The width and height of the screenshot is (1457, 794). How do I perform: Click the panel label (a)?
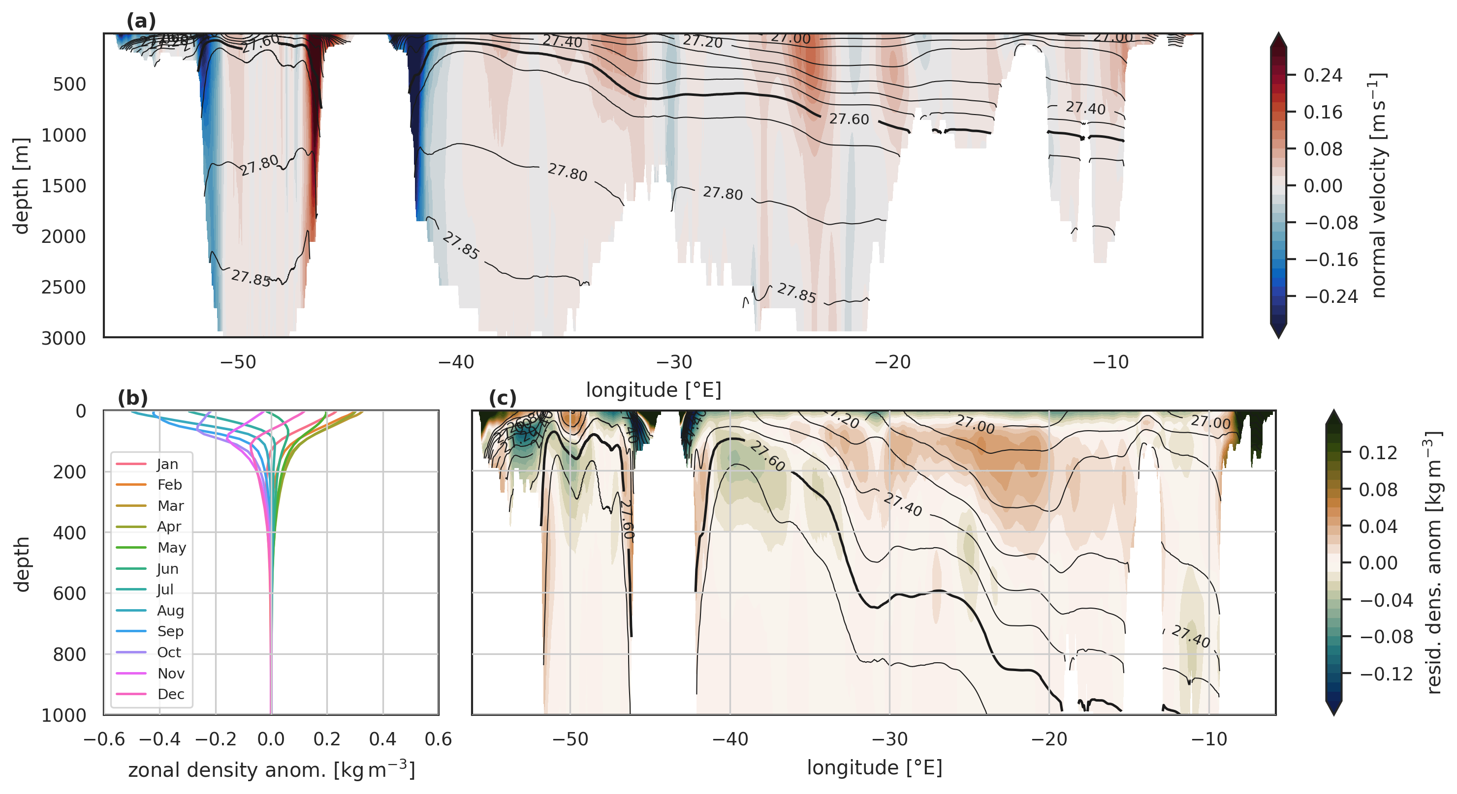(141, 22)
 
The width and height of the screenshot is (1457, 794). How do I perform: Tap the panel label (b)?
(132, 398)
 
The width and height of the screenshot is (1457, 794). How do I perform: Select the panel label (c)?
(502, 398)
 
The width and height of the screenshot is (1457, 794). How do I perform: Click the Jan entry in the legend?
(167, 464)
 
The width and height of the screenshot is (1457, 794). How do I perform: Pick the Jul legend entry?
(165, 589)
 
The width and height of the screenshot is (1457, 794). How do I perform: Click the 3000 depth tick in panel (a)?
(63, 338)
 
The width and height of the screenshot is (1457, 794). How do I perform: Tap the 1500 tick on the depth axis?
(63, 186)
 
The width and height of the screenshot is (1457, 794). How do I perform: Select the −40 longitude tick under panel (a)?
(456, 362)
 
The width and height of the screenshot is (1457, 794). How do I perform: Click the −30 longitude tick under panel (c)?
(889, 739)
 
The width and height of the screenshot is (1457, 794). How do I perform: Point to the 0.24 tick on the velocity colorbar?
(1323, 75)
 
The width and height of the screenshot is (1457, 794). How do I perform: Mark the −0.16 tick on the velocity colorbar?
(1331, 260)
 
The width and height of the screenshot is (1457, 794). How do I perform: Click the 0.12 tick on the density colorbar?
(1378, 453)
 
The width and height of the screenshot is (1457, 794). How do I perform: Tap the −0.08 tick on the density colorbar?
(1386, 637)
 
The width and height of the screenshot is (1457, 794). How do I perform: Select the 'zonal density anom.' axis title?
(272, 770)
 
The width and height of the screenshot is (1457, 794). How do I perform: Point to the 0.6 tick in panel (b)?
(439, 739)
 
